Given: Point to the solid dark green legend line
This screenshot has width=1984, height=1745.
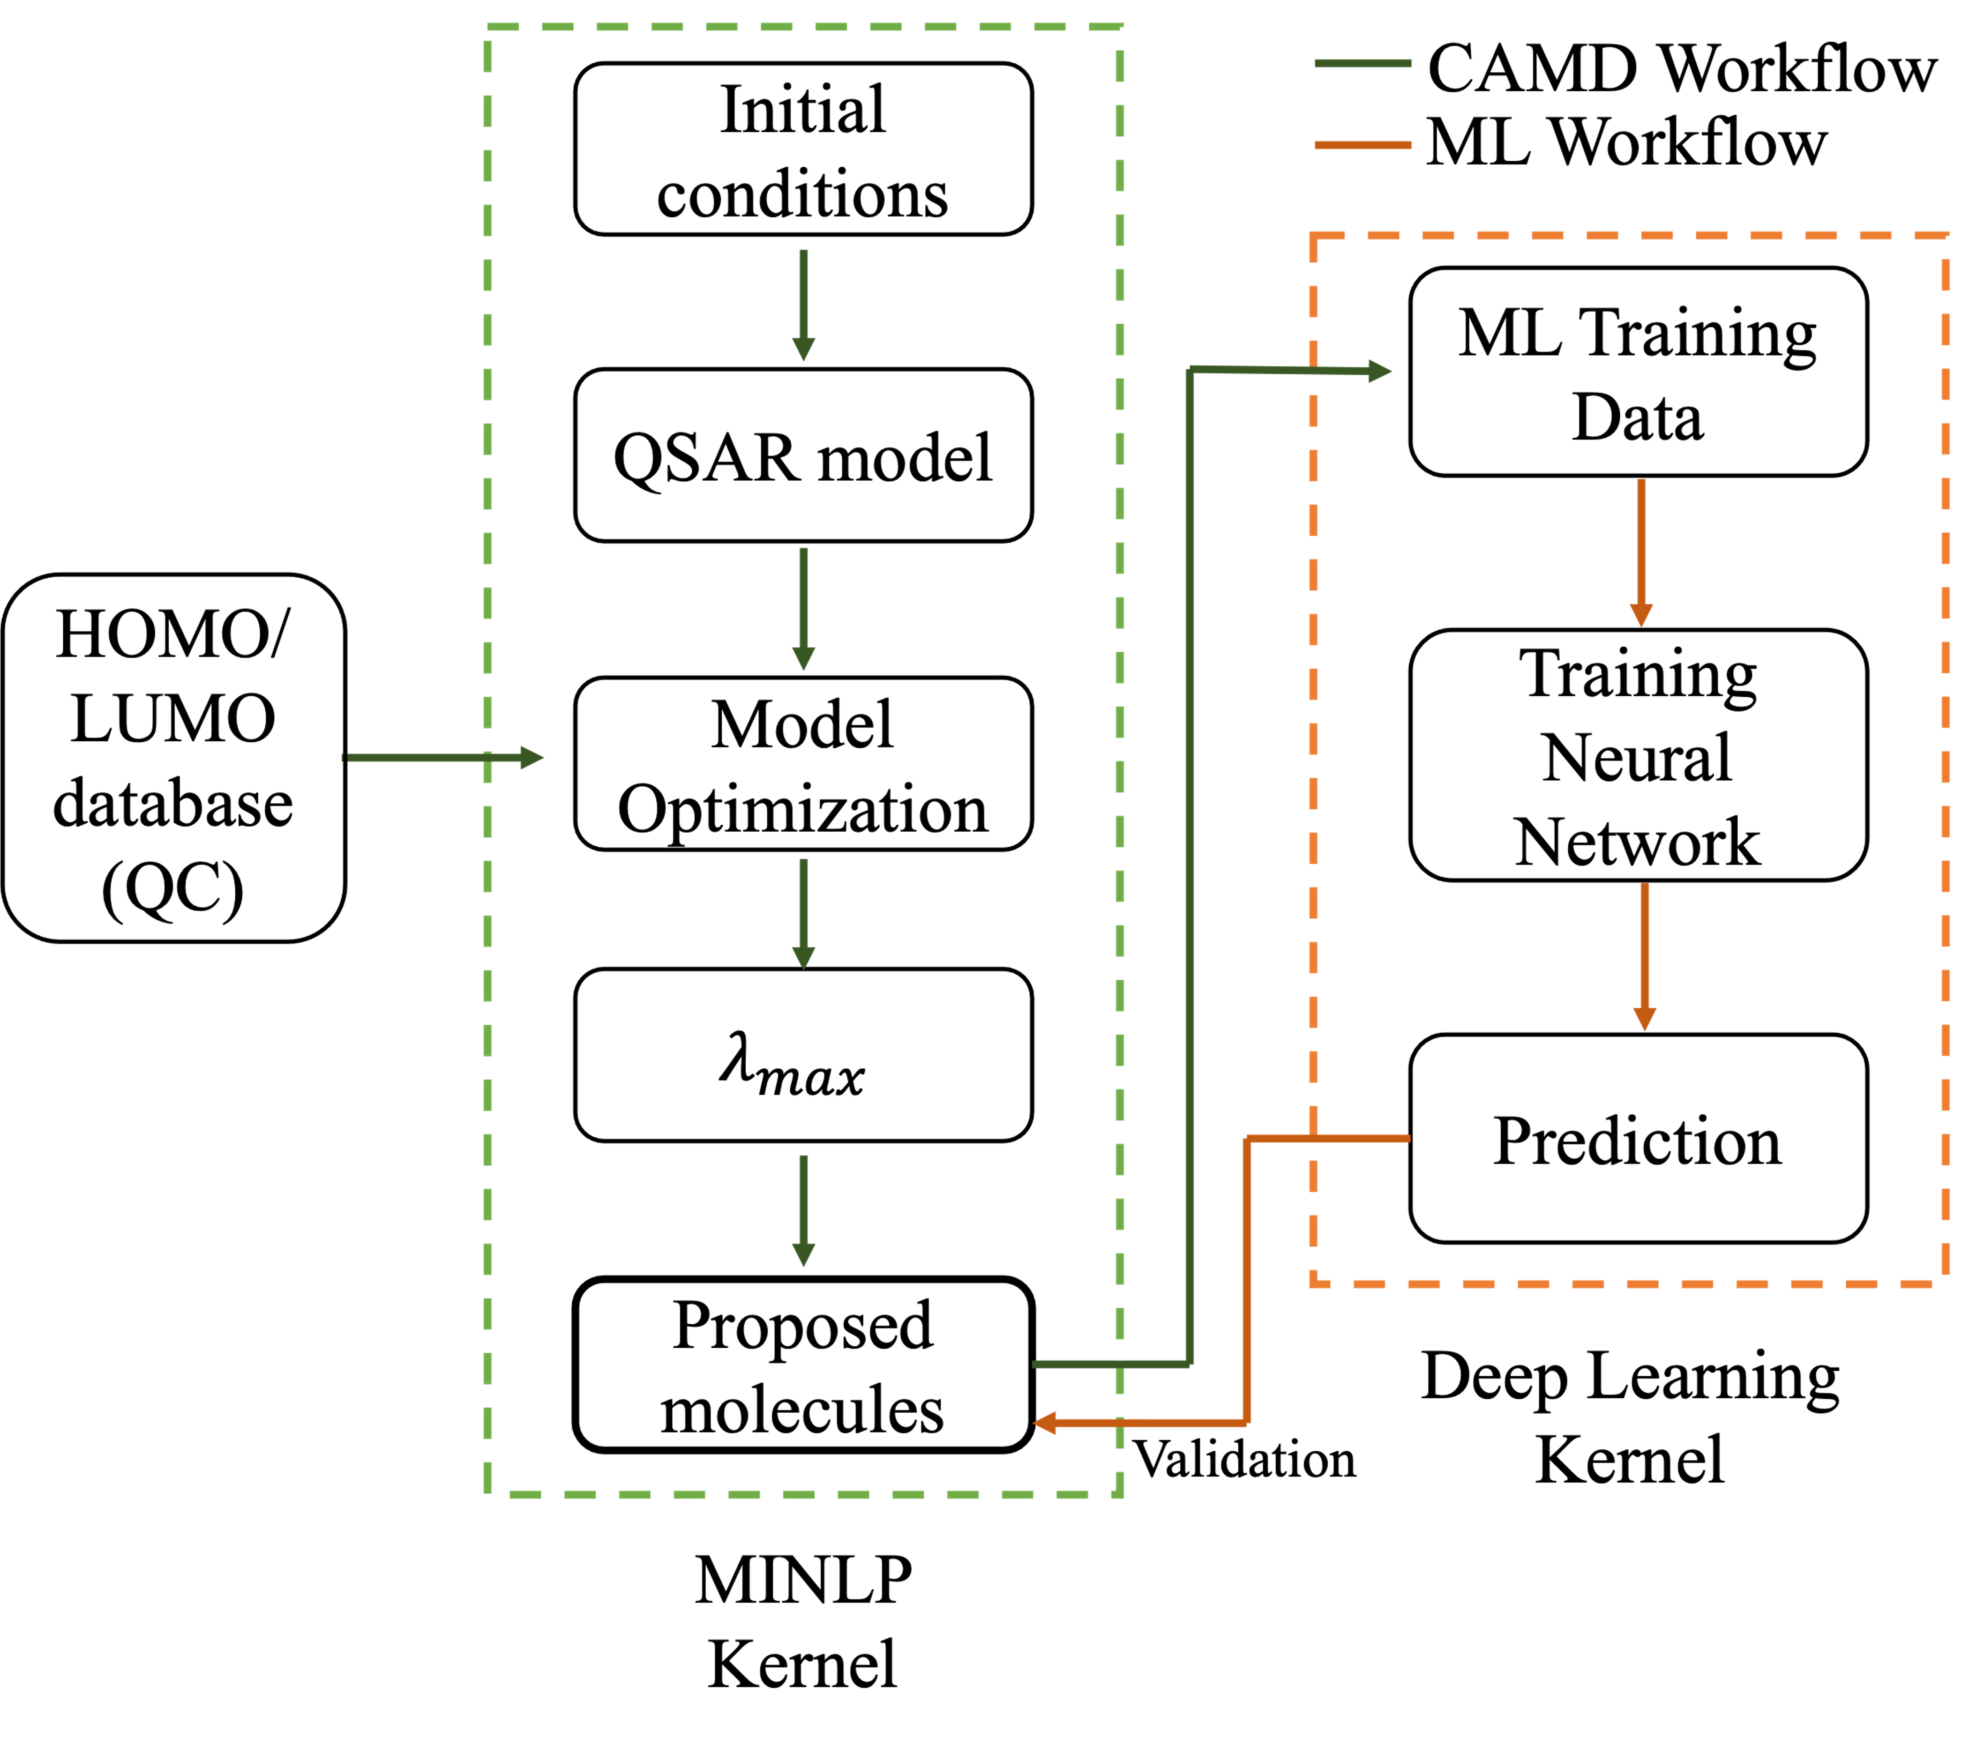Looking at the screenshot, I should (1363, 63).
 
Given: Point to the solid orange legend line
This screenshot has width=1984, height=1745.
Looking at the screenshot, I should (1363, 145).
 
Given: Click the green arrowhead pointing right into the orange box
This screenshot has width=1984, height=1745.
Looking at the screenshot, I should (1379, 371).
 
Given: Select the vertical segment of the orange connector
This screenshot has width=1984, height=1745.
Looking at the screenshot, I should (1246, 1281).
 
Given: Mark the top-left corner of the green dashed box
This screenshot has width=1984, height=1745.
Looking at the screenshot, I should (487, 26).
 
